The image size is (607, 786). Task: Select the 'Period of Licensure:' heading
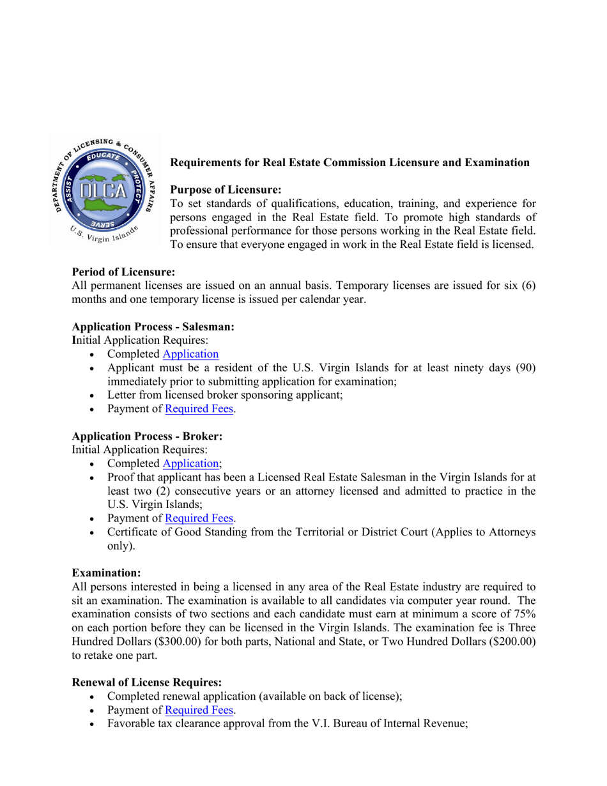pos(123,272)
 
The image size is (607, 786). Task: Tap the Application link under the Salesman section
pos(190,354)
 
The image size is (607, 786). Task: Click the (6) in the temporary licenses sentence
pos(526,286)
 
